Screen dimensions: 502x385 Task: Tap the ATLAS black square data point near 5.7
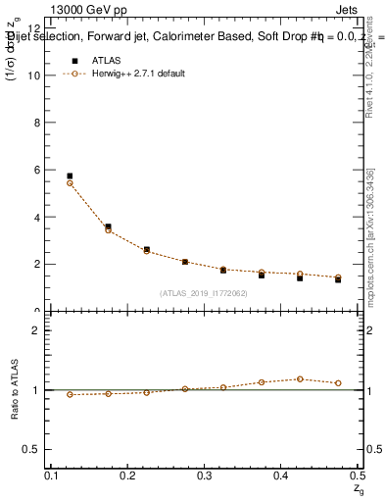tap(70, 176)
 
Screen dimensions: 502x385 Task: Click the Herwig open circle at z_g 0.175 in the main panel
tap(108, 230)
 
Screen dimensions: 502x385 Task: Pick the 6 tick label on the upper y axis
tap(37, 170)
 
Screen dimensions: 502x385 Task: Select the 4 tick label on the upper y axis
tap(37, 217)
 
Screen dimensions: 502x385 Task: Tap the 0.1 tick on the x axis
tap(52, 476)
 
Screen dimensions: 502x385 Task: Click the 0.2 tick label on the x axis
tap(128, 476)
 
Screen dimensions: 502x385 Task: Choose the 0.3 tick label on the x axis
tap(205, 476)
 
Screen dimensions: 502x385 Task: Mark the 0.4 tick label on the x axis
tap(281, 476)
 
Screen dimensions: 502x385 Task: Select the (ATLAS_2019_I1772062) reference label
tap(204, 293)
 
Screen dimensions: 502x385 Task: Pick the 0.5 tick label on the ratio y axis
tap(33, 449)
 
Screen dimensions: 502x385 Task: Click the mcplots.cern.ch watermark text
tap(370, 245)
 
